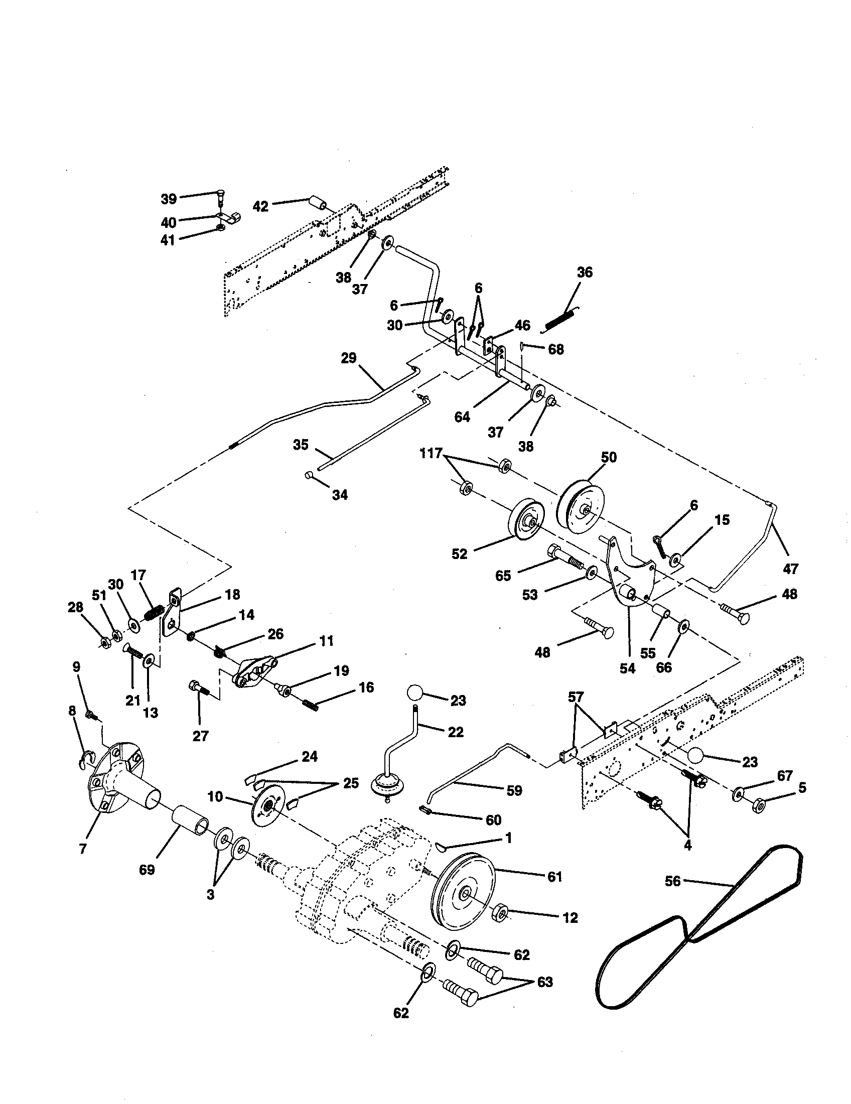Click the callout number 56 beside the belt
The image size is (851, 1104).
point(673,881)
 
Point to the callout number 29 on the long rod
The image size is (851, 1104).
point(349,359)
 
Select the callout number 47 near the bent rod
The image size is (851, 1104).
point(790,569)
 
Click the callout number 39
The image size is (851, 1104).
point(169,199)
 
